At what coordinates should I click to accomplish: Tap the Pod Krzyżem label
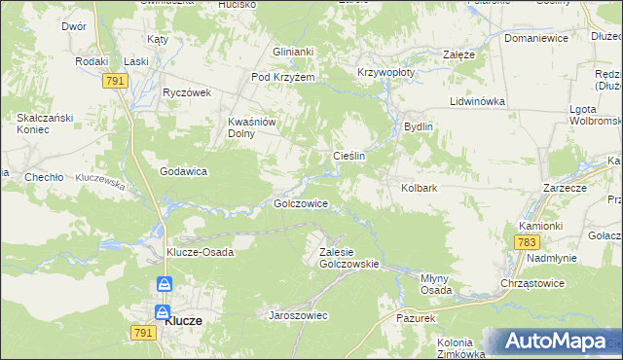click(x=283, y=78)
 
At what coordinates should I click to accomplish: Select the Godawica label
click(x=183, y=171)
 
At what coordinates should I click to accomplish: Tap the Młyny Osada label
click(x=434, y=283)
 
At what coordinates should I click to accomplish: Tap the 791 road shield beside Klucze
click(x=140, y=333)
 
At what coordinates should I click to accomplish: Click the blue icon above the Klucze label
click(x=165, y=285)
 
